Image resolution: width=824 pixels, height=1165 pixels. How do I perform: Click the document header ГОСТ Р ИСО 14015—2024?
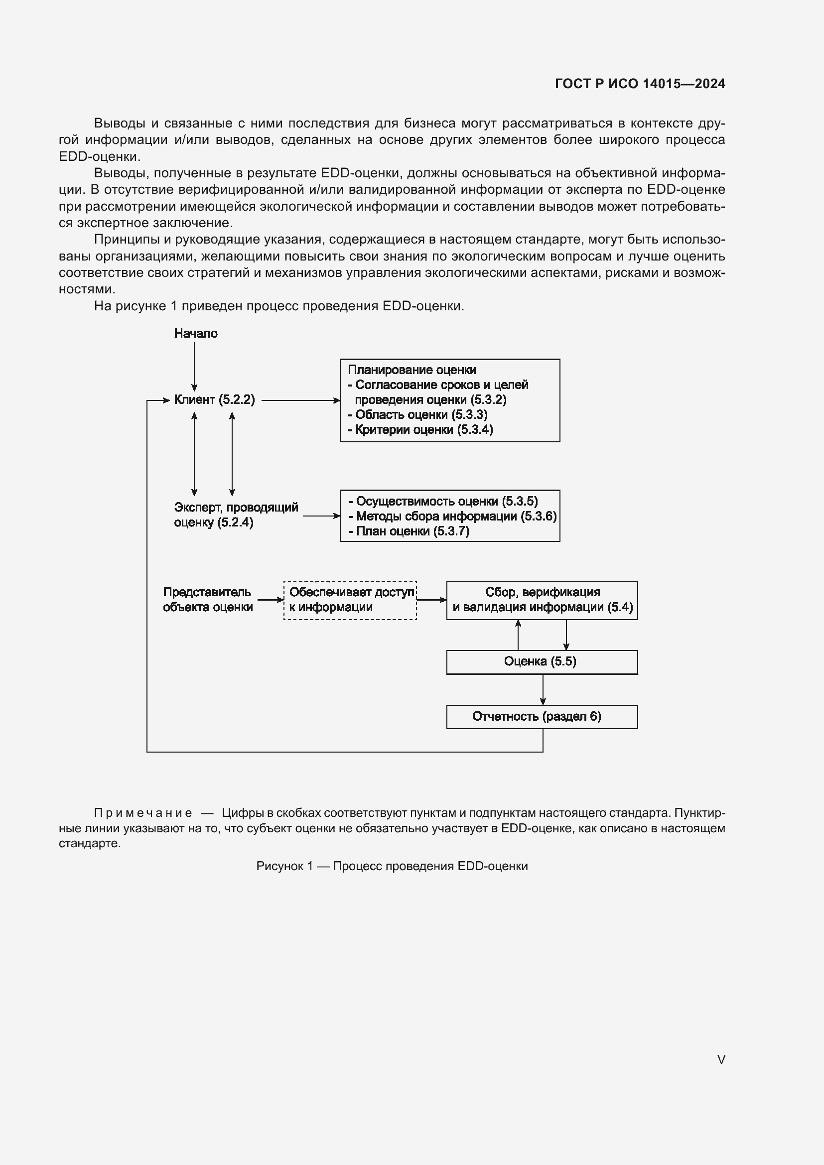tap(640, 84)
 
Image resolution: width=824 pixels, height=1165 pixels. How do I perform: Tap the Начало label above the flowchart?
tap(195, 333)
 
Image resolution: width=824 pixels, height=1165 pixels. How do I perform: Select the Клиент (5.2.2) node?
tap(214, 400)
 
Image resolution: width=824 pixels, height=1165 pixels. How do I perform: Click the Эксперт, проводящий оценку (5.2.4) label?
tap(236, 515)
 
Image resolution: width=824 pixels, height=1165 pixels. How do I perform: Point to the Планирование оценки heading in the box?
tap(412, 370)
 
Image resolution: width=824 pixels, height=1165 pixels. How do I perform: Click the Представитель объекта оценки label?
tap(208, 600)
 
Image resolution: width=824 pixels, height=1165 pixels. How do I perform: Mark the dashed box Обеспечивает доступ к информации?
tap(350, 600)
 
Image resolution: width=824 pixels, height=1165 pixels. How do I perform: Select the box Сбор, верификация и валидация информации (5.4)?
tap(542, 600)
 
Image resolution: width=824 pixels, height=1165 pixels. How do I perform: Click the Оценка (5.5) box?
tap(542, 662)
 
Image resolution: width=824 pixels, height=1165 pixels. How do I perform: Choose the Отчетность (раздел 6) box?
tap(542, 717)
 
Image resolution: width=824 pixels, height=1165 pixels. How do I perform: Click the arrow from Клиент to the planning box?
tap(300, 400)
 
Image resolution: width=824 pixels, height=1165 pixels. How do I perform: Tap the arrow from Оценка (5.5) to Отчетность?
tap(543, 689)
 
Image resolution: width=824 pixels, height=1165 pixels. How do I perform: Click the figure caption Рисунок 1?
tap(392, 866)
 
